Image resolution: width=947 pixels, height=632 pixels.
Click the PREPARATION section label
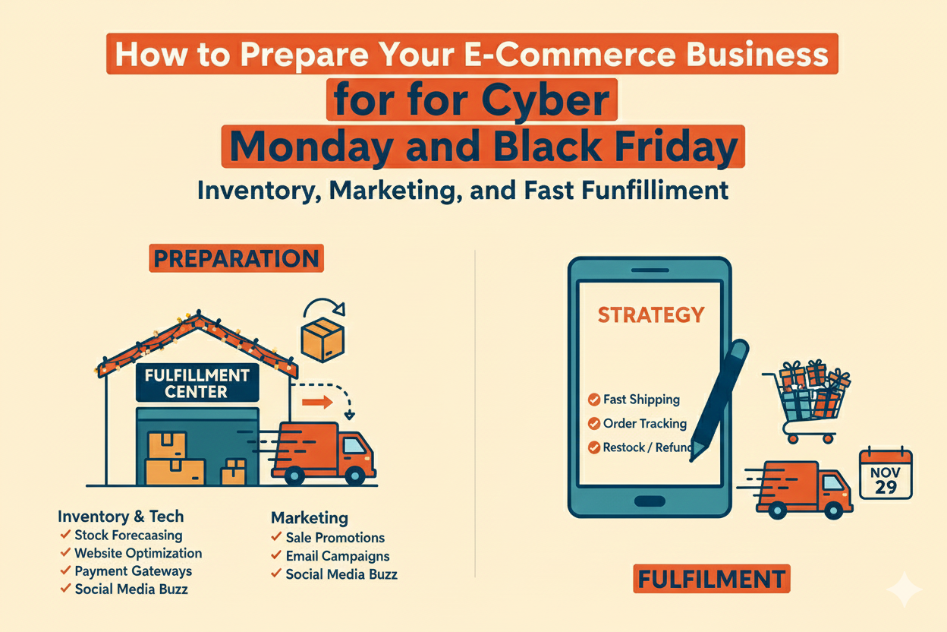[235, 258]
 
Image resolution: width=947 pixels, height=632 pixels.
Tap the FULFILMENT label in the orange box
[711, 579]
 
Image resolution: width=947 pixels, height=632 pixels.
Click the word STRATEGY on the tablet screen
[650, 314]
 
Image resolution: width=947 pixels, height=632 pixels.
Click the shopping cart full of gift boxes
[808, 401]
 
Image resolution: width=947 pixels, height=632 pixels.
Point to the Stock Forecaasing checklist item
[128, 535]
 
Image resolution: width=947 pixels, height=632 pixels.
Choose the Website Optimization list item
[138, 553]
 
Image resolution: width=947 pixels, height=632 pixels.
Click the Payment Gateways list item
[133, 571]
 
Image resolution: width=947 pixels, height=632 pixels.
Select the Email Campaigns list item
[337, 556]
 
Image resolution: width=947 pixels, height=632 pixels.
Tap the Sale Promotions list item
[335, 538]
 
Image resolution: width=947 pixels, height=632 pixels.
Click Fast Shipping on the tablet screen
[641, 399]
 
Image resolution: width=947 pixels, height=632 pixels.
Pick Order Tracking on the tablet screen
[644, 423]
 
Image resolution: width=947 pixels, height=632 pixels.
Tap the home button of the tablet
[650, 501]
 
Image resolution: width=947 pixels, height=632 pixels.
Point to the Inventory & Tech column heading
[121, 517]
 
